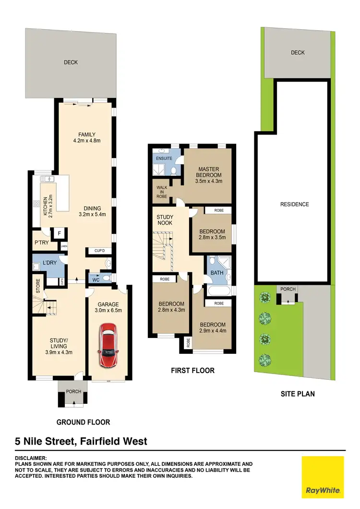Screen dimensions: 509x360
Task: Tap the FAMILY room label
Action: (87, 134)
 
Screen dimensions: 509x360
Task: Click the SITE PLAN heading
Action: (298, 394)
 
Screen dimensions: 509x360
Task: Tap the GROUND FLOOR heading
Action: (84, 422)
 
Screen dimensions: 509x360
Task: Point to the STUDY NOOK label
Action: (165, 219)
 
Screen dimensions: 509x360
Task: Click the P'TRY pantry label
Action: (40, 243)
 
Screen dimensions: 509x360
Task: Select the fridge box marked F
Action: (59, 233)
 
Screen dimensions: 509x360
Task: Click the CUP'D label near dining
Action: (99, 251)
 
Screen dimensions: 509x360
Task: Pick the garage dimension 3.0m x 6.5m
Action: (108, 311)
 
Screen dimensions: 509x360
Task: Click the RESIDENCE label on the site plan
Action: (295, 204)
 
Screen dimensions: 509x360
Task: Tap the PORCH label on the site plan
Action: (288, 289)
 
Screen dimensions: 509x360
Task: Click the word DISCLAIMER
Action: (31, 458)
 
